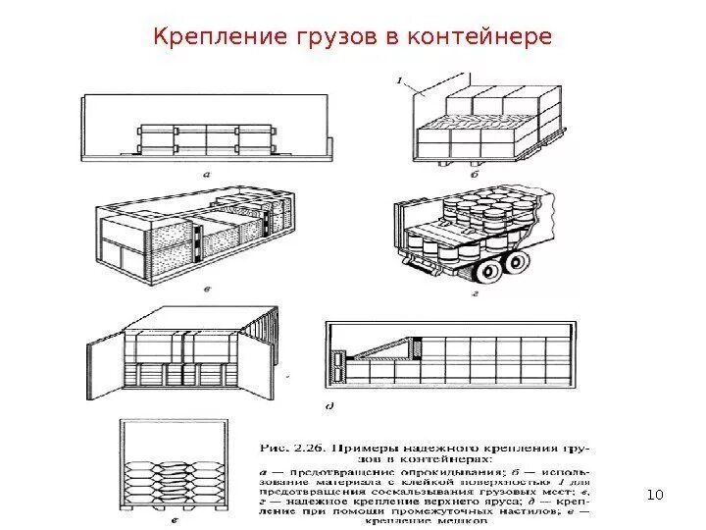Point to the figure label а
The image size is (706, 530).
pyautogui.click(x=208, y=174)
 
